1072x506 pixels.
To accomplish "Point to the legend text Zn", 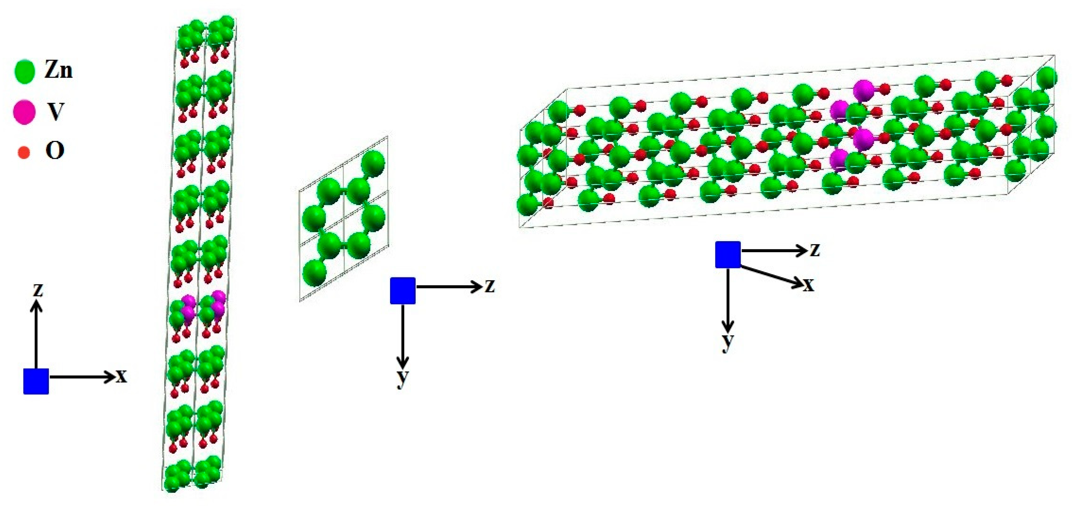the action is (x=58, y=71).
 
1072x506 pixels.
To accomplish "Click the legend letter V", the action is (x=55, y=112).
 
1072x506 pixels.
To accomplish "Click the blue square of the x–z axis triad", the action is (x=36, y=381).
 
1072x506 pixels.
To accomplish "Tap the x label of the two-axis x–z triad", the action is (x=121, y=376).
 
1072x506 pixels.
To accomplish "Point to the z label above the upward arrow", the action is (x=38, y=290).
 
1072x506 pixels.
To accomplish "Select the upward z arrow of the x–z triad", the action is (x=36, y=333).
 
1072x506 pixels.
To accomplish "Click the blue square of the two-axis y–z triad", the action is (x=402, y=291).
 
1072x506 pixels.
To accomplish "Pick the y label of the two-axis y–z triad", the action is (x=402, y=378).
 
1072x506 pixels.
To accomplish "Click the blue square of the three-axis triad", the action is (x=728, y=254).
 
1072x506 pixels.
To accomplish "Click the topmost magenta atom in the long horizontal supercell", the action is (x=864, y=91).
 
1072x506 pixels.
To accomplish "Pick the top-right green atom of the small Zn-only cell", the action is (x=373, y=162).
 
